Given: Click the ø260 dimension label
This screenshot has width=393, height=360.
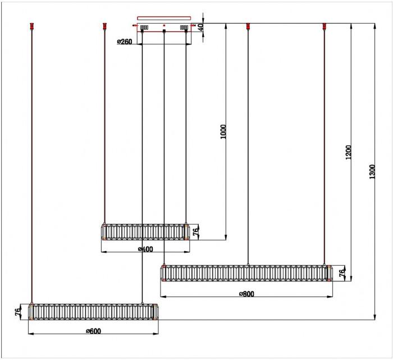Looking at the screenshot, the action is pyautogui.click(x=125, y=42).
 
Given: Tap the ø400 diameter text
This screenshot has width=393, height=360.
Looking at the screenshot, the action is pyautogui.click(x=145, y=249).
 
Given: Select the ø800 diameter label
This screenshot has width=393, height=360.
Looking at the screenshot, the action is pyautogui.click(x=246, y=294).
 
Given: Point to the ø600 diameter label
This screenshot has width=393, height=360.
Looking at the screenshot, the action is pyautogui.click(x=94, y=331).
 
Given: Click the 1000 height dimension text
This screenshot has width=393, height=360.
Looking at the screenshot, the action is pyautogui.click(x=223, y=131).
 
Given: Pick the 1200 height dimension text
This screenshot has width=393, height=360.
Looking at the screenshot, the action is pyautogui.click(x=349, y=152).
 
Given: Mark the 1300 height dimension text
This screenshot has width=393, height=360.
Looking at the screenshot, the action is pyautogui.click(x=372, y=172).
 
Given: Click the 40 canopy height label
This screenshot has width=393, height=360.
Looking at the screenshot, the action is pyautogui.click(x=200, y=27).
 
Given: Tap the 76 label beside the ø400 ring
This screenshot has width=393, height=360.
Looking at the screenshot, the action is pyautogui.click(x=196, y=231).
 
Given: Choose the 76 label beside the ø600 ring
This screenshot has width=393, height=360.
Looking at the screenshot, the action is pyautogui.click(x=17, y=312).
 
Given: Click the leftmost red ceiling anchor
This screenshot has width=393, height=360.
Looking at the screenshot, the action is pyautogui.click(x=32, y=26).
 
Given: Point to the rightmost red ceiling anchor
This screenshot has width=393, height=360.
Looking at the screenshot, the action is pyautogui.click(x=325, y=26).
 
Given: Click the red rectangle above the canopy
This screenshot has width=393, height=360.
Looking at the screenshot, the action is pyautogui.click(x=164, y=18).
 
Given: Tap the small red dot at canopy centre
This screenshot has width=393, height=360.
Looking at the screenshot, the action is pyautogui.click(x=164, y=25).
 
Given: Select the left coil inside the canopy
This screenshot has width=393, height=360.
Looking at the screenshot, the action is pyautogui.click(x=144, y=27).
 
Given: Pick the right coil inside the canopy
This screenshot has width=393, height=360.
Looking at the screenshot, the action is pyautogui.click(x=184, y=27).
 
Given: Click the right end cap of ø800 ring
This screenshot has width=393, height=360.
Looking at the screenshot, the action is pyautogui.click(x=330, y=273).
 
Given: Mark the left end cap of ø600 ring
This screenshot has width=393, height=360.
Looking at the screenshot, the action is pyautogui.click(x=31, y=312).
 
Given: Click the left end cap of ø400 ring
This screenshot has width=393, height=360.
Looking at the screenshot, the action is pyautogui.click(x=104, y=232).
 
